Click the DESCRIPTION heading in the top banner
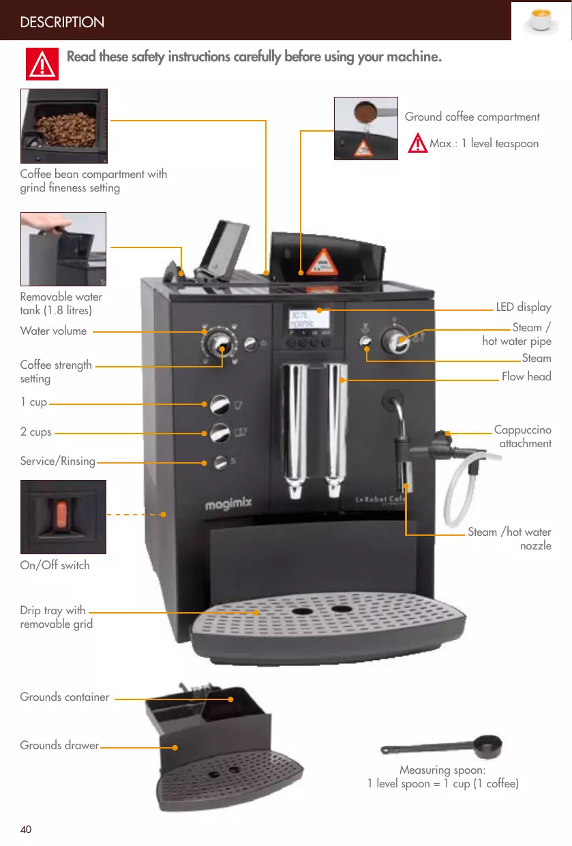click(x=62, y=22)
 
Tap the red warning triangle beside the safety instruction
click(x=42, y=65)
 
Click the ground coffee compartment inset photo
click(x=365, y=128)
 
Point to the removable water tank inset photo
click(x=63, y=249)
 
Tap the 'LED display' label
click(x=523, y=307)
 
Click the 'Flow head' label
click(x=526, y=376)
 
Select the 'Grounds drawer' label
click(x=59, y=745)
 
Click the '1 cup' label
click(x=33, y=402)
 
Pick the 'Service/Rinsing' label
click(x=58, y=461)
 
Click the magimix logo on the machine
click(x=229, y=504)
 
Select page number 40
click(x=26, y=829)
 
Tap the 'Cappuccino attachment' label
click(x=522, y=437)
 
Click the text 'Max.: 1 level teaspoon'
click(x=483, y=144)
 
